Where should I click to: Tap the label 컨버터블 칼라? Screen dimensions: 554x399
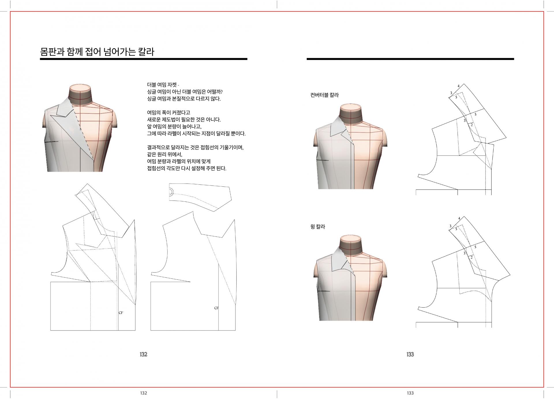324,95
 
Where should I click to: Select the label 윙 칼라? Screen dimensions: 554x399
318,227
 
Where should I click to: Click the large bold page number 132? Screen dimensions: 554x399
143,354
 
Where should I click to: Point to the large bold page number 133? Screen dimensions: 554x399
410,354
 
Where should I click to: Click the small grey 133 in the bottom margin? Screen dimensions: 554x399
410,393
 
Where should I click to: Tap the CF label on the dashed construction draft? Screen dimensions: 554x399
121,313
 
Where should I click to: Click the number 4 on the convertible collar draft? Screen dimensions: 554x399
458,86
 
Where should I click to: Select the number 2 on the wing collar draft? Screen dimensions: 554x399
472,257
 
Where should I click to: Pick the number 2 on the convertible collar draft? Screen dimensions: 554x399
472,125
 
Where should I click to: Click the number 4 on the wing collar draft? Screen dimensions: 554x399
459,218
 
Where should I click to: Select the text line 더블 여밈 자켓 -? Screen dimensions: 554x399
163,85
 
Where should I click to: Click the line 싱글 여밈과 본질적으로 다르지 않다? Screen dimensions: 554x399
184,99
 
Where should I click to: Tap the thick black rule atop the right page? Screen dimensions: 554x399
410,59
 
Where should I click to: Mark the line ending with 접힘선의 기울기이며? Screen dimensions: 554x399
195,148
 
